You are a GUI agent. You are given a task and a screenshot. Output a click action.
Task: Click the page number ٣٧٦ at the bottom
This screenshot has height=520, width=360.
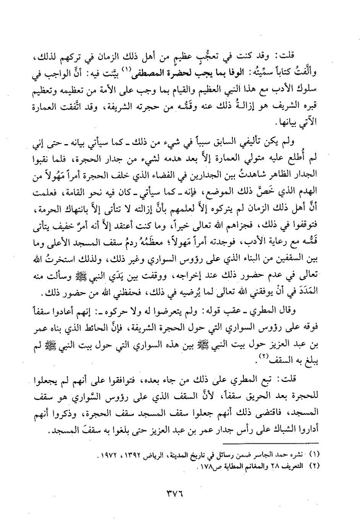[180, 492]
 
